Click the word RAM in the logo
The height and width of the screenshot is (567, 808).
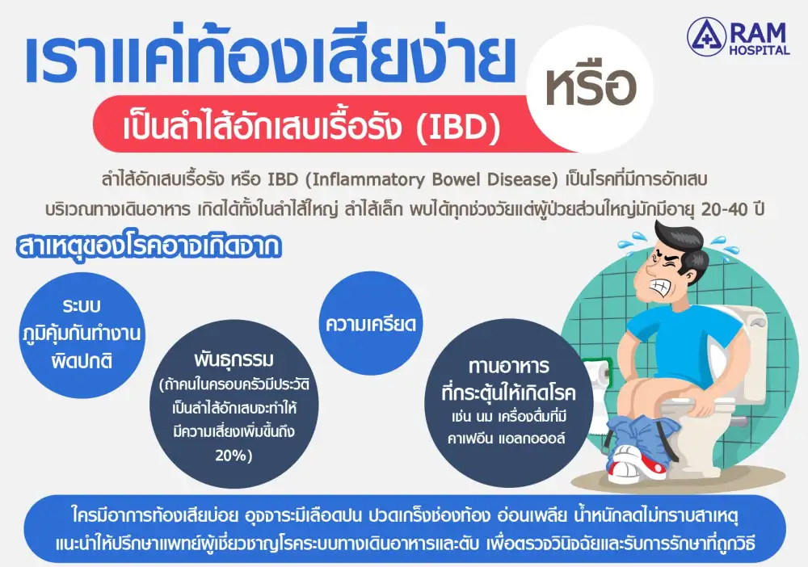pyautogui.click(x=759, y=33)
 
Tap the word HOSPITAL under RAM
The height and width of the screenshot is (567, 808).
pyautogui.click(x=760, y=50)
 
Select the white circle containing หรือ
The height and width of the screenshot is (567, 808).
pyautogui.click(x=590, y=89)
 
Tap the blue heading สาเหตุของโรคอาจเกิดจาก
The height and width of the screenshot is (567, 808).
pyautogui.click(x=149, y=247)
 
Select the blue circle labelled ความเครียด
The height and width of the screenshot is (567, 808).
pyautogui.click(x=371, y=323)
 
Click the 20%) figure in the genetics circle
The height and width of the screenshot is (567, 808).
pyautogui.click(x=234, y=456)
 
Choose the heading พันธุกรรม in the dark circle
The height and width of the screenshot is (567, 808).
pyautogui.click(x=234, y=359)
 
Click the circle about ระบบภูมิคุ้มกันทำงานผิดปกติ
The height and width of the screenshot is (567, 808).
pyautogui.click(x=82, y=335)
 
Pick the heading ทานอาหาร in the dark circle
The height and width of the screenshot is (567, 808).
pyautogui.click(x=509, y=366)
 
